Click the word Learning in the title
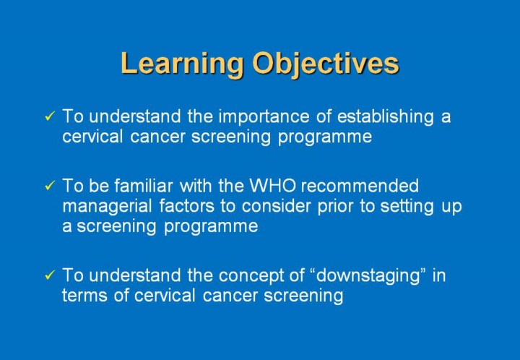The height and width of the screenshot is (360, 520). pyautogui.click(x=182, y=64)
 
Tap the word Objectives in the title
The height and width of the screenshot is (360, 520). pyautogui.click(x=325, y=64)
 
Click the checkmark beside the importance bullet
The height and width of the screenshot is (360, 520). pyautogui.click(x=50, y=116)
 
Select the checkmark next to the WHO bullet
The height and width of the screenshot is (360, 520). pyautogui.click(x=50, y=186)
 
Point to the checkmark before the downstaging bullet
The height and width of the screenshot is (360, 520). pyautogui.click(x=50, y=275)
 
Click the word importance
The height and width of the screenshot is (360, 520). pyautogui.click(x=264, y=117)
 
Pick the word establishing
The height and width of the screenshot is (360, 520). pyautogui.click(x=386, y=117)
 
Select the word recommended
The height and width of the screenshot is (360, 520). pyautogui.click(x=360, y=186)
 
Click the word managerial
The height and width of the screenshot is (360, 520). pyautogui.click(x=107, y=207)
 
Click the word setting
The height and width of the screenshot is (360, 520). pyautogui.click(x=407, y=207)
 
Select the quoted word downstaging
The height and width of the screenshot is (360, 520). pyautogui.click(x=370, y=276)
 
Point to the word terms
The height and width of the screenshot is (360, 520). pyautogui.click(x=84, y=296)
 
